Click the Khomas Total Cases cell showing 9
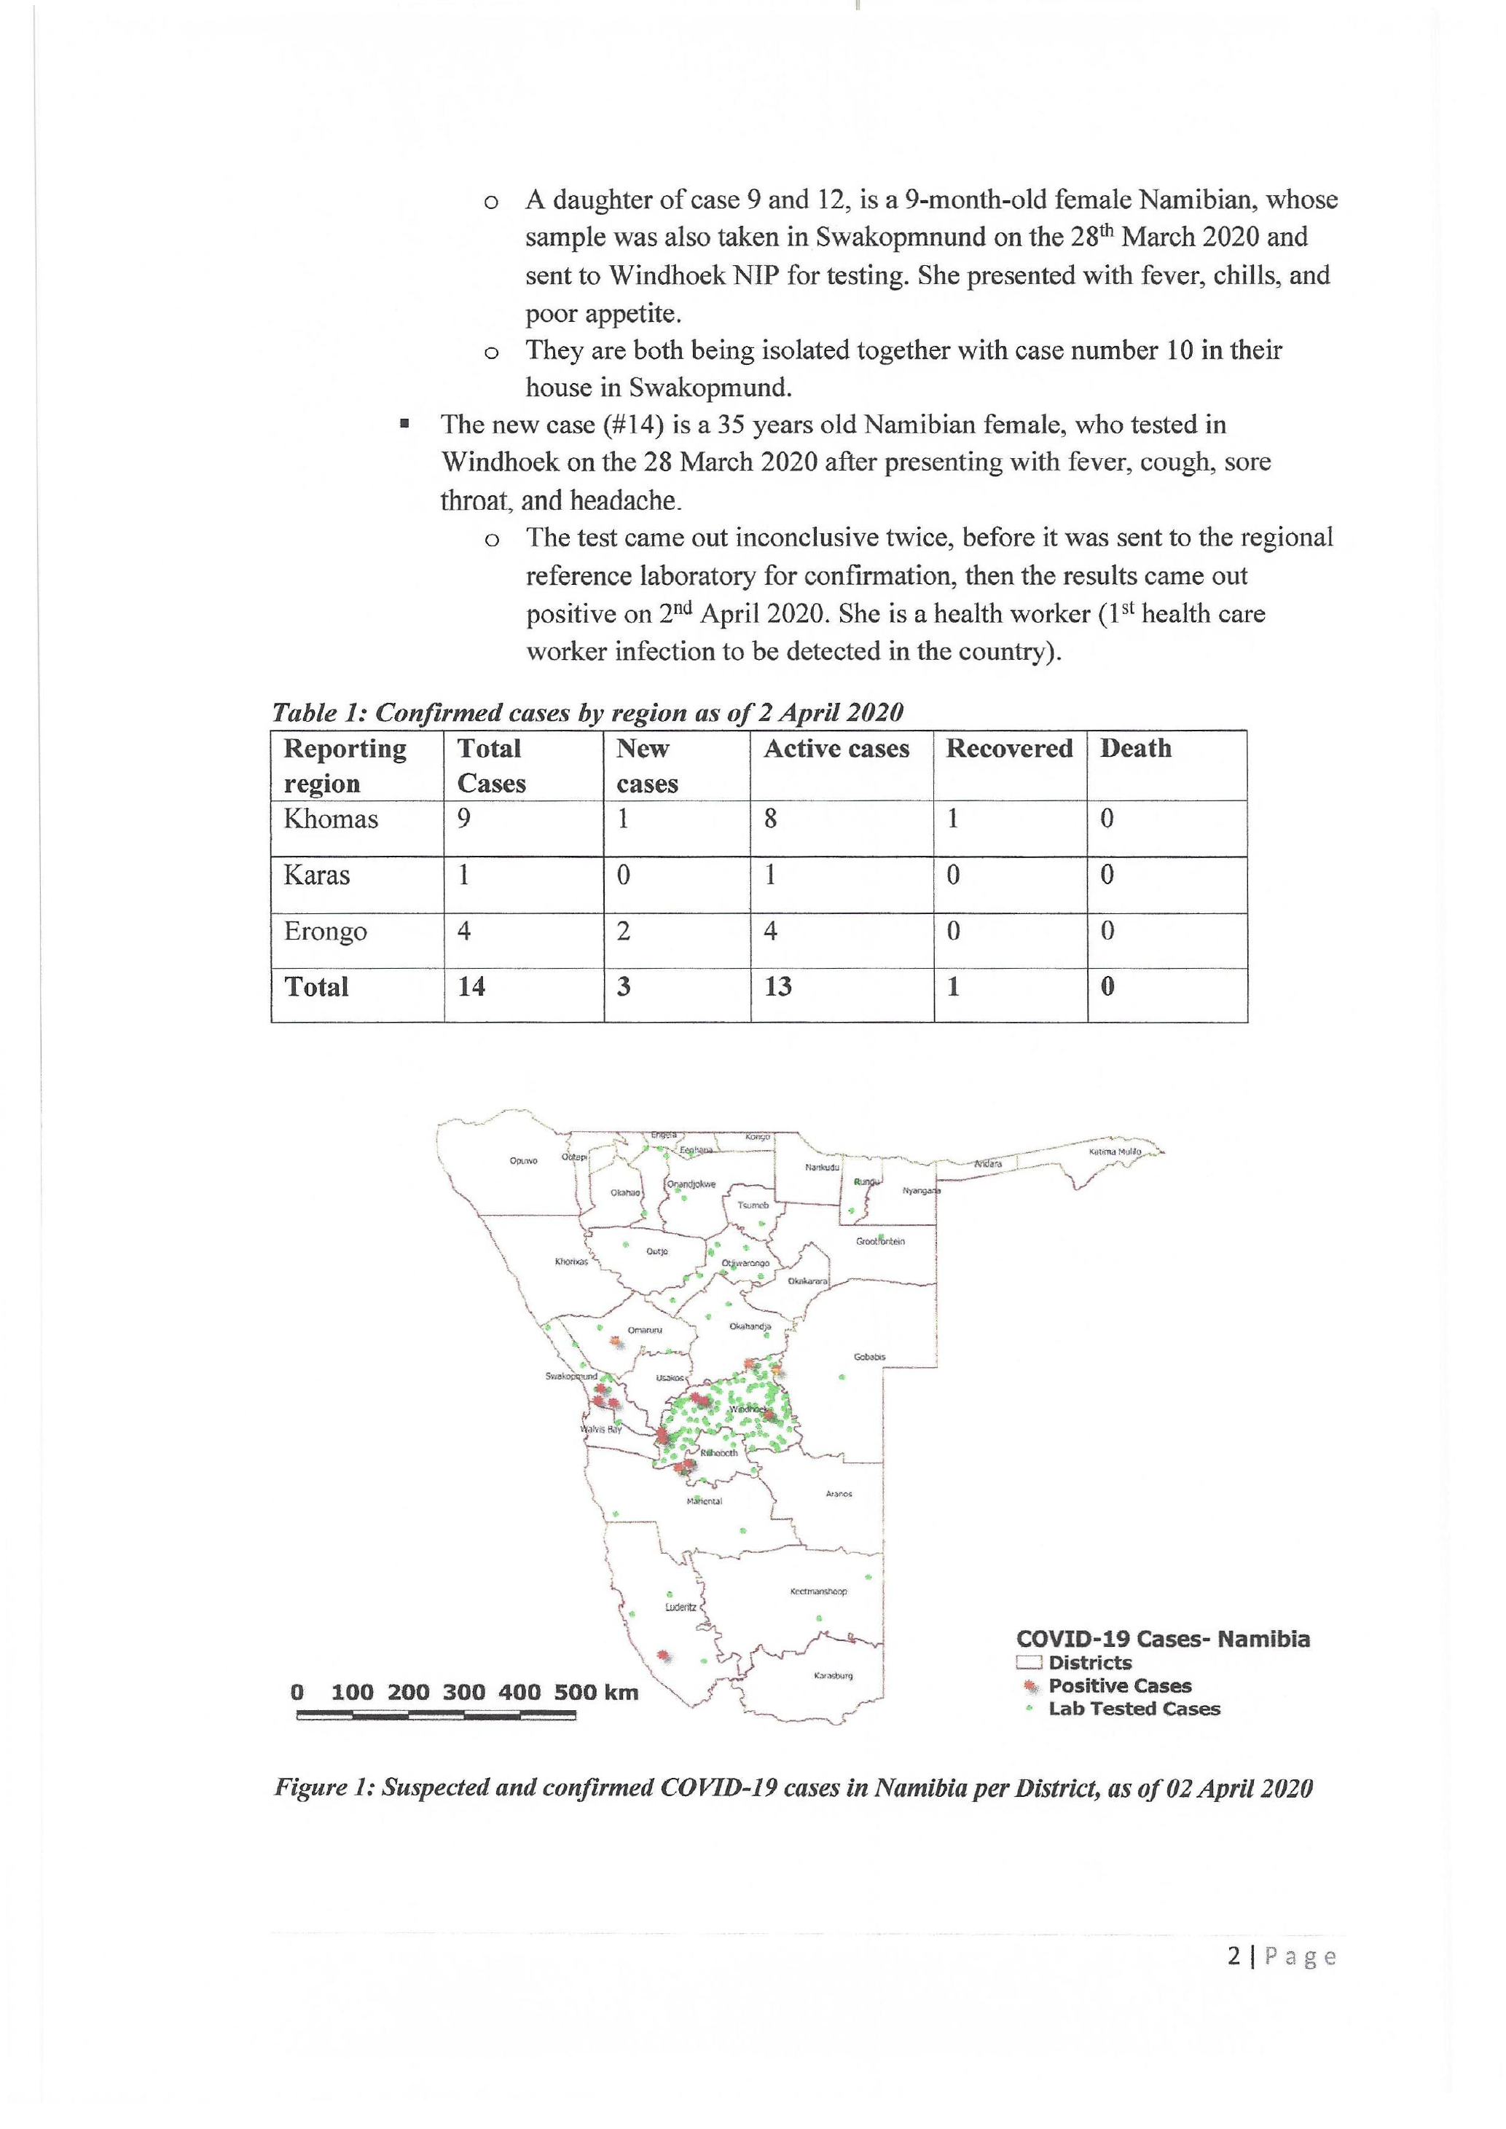(x=463, y=819)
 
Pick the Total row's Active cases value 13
(x=777, y=987)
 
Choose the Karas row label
(x=316, y=875)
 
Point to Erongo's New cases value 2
(x=623, y=931)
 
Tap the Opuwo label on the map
(x=523, y=1160)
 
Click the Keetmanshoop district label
(x=818, y=1592)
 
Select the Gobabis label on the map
(x=869, y=1358)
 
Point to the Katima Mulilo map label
(x=1115, y=1152)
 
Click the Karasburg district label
(x=833, y=1675)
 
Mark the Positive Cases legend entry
(x=1119, y=1685)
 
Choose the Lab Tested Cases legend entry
(x=1133, y=1709)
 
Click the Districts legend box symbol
(x=1030, y=1663)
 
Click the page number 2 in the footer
(x=1234, y=1956)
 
